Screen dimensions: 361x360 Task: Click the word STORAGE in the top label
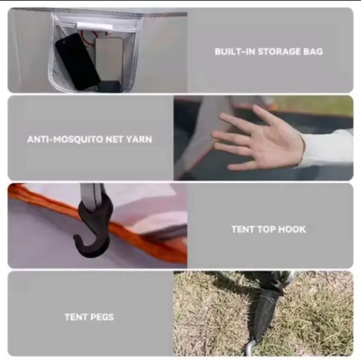[x=279, y=51]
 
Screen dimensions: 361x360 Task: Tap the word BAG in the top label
[x=313, y=51]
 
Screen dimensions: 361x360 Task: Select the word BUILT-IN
[x=235, y=51]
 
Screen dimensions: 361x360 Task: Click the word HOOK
[x=292, y=230]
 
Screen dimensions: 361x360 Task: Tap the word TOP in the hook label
[x=265, y=230]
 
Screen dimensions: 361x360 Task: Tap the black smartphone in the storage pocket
[x=77, y=62]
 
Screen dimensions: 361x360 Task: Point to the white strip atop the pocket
[x=95, y=26]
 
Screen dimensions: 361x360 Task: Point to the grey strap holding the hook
[x=91, y=196]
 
